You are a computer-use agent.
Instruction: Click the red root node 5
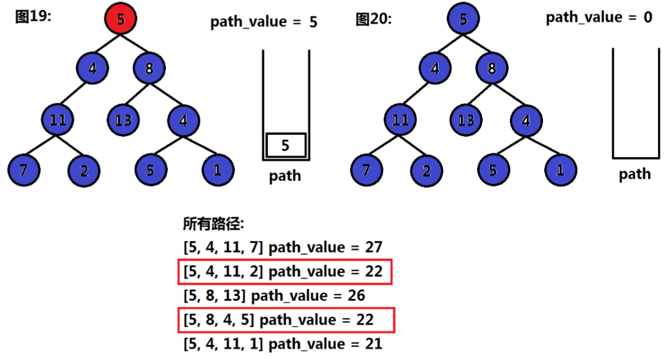point(121,19)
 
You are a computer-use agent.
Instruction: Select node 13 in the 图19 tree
point(123,120)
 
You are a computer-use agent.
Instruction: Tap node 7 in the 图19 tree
point(24,170)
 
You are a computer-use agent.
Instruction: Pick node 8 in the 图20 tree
point(491,68)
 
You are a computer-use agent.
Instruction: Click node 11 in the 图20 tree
point(400,120)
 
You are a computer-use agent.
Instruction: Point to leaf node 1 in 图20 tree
point(560,170)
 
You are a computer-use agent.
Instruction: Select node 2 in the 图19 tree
point(84,171)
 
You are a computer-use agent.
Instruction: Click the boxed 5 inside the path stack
point(285,145)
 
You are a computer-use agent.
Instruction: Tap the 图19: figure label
point(33,17)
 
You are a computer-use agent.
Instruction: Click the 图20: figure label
point(374,19)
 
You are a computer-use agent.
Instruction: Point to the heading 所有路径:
point(213,224)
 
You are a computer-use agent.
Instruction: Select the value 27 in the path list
point(374,247)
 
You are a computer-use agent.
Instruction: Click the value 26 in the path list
point(356,296)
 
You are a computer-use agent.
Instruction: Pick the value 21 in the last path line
point(374,344)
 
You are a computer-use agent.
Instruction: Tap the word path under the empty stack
point(635,174)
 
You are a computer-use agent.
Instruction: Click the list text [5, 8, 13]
point(215,296)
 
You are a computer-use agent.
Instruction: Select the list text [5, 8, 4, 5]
point(218,320)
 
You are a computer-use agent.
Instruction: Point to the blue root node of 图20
point(463,19)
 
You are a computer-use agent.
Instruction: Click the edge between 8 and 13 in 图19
point(136,94)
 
